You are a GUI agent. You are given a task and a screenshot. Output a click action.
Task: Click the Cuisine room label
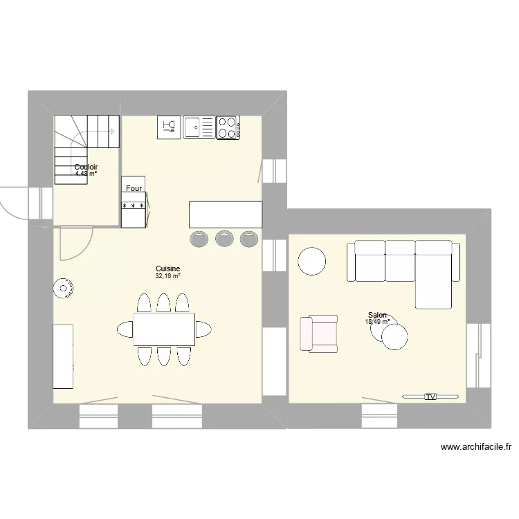168,268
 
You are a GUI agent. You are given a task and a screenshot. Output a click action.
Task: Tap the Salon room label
377,314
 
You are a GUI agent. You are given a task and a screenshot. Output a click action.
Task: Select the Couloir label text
86,167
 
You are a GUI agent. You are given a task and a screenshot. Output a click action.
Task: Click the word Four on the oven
134,188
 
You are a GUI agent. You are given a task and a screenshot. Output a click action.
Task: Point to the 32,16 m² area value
168,276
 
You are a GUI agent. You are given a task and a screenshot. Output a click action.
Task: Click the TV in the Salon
430,397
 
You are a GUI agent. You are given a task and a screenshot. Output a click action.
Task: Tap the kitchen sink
199,127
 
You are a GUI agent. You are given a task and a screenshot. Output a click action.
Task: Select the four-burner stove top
228,127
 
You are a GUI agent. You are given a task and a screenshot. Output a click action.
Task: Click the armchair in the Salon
318,334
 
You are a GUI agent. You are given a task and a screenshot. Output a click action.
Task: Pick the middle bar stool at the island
224,238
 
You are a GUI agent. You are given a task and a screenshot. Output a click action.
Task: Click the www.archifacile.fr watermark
475,448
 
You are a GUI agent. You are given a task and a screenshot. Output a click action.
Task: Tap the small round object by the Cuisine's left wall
64,289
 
